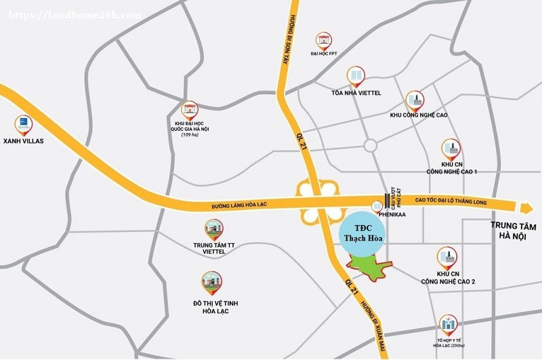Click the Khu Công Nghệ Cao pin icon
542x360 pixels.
click(x=415, y=100)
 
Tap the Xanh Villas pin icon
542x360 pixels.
click(x=24, y=125)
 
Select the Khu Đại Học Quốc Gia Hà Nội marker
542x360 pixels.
click(x=189, y=109)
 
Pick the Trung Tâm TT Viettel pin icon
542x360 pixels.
click(x=213, y=230)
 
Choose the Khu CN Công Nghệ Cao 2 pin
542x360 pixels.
click(x=448, y=257)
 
